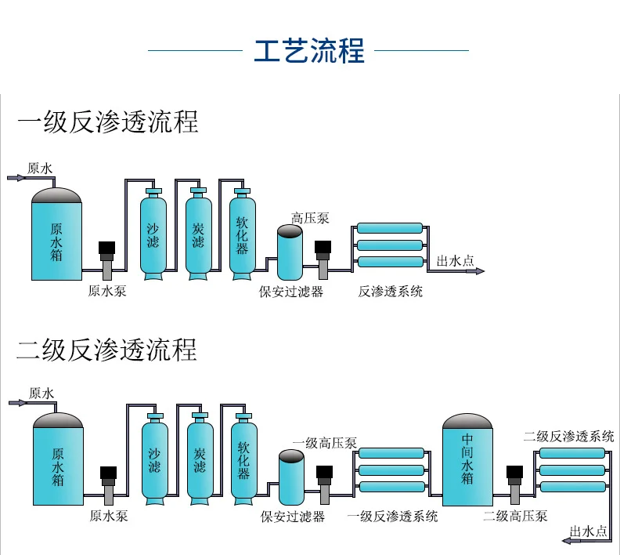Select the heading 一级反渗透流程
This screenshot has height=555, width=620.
coord(107,122)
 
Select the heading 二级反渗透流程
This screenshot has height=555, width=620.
coord(107,349)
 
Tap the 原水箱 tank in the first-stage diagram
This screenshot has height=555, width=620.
coord(56,235)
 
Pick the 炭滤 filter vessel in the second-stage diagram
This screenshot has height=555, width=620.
coord(200,459)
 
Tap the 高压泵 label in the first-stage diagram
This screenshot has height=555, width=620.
coord(310,218)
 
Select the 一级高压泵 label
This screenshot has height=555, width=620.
coord(324,443)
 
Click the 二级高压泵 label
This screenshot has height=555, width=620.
coord(515,516)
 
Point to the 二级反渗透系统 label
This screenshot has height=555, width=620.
coord(568,437)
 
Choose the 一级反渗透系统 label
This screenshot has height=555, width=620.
coord(392,517)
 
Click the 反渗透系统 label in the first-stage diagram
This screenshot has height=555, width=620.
coord(391,292)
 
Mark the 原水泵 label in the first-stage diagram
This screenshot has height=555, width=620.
coord(107,292)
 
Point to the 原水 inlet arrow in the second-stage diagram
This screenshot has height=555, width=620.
coord(18,403)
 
